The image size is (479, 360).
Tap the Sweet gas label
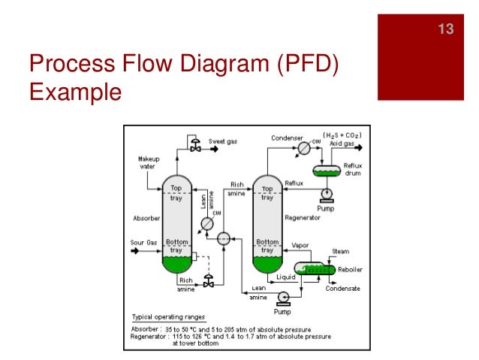223,141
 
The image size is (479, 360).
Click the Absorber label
145,219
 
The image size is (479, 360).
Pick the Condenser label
286,138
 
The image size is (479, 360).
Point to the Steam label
341,251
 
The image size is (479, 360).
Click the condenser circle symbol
305,148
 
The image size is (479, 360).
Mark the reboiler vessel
313,268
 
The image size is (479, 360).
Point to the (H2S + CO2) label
343,135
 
